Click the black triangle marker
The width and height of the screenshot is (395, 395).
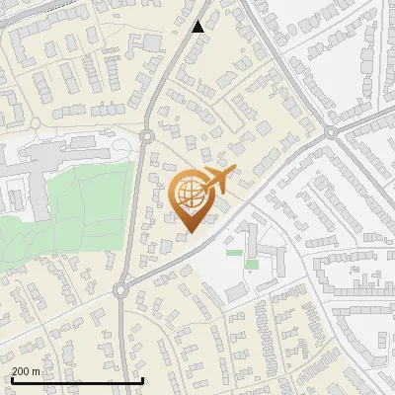click(198, 27)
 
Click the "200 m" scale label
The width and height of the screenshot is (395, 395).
click(26, 370)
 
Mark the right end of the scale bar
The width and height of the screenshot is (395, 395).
click(143, 380)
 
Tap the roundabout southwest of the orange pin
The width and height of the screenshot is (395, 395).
click(121, 290)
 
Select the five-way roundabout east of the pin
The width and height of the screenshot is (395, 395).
click(332, 131)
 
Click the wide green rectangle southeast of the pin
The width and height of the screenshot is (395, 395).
click(234, 252)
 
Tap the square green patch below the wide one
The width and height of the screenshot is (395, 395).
click(251, 264)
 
